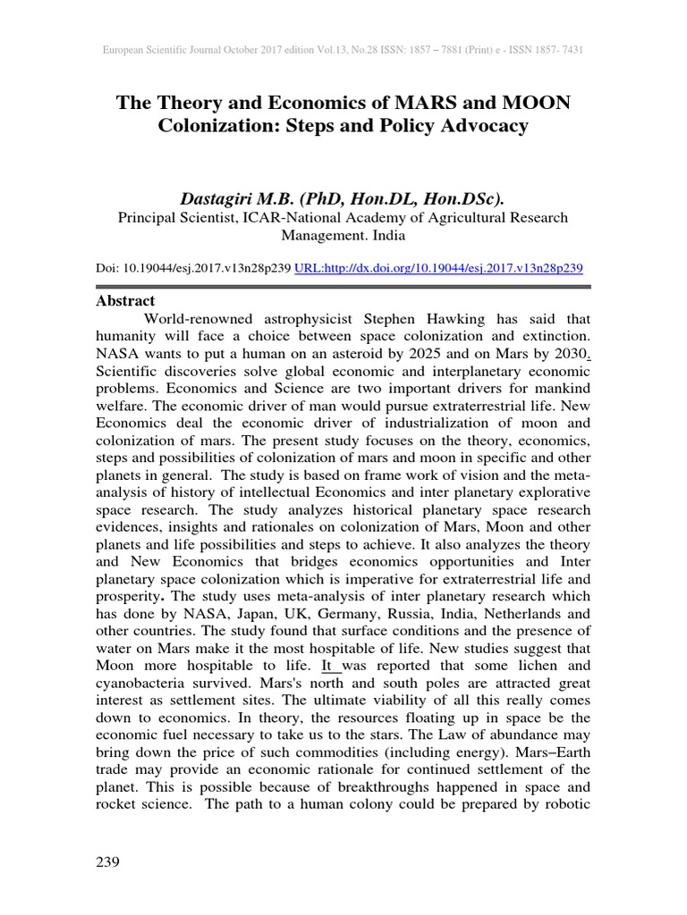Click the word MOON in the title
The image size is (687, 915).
tap(527, 103)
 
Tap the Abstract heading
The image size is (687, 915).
tap(125, 301)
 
